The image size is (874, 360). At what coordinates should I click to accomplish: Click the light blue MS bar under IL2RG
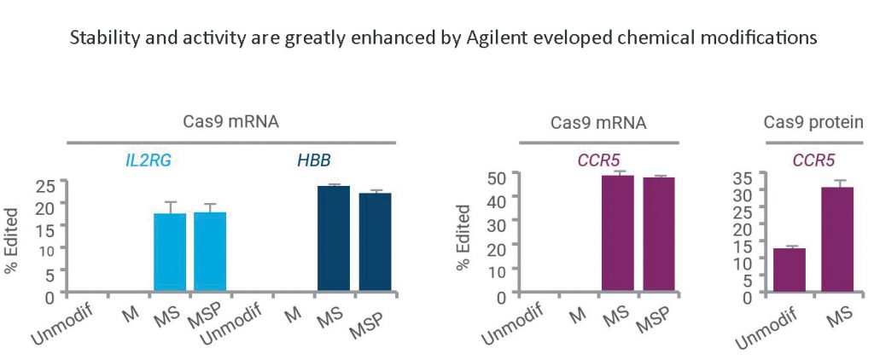tap(169, 253)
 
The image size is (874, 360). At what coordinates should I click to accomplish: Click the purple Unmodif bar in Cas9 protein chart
tap(788, 272)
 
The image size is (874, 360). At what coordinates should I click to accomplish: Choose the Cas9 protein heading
tap(813, 123)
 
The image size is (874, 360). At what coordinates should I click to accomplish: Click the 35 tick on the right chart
tap(743, 178)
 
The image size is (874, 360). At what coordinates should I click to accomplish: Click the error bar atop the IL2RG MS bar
tap(169, 206)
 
